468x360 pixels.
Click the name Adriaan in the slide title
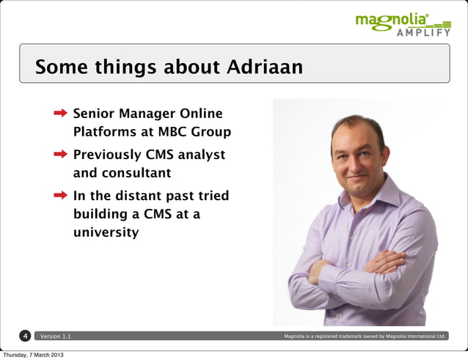264,67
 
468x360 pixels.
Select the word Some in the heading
61,67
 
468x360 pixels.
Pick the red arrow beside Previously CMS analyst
61,155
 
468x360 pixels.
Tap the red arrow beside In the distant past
61,196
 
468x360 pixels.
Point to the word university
106,233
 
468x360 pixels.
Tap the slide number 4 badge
25,336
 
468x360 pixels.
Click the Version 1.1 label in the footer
56,337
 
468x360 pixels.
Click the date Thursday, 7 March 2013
33,355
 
